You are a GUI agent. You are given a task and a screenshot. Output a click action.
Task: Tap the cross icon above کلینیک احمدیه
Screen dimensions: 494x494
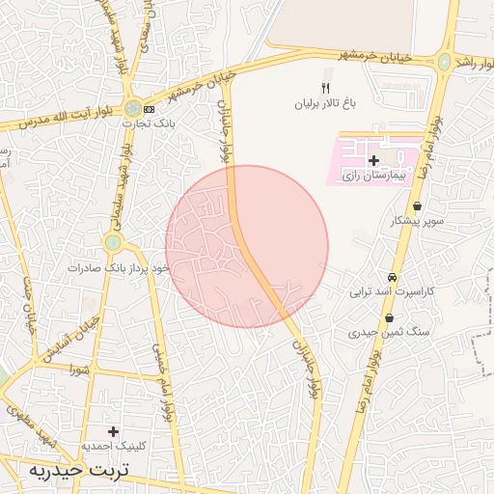(x=115, y=431)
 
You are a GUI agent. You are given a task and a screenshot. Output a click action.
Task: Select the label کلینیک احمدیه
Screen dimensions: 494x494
(x=114, y=447)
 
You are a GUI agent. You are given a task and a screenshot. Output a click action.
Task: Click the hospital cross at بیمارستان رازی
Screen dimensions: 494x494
(x=373, y=160)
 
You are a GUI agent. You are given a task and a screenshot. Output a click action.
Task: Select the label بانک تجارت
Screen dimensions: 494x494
(x=143, y=123)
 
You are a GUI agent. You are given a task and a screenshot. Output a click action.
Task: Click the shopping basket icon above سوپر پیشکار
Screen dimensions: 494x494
(x=416, y=206)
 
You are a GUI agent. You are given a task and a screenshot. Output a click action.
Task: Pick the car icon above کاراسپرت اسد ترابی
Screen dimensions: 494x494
(x=392, y=276)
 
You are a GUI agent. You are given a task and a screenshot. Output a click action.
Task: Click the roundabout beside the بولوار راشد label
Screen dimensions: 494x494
(x=443, y=62)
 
